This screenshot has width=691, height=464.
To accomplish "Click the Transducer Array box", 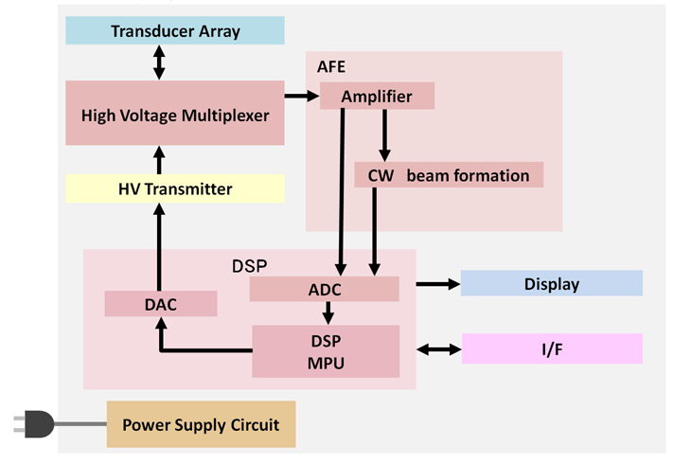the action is tap(175, 30).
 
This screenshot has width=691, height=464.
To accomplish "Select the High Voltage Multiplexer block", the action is tap(175, 113).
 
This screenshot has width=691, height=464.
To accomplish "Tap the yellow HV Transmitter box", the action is tap(175, 188).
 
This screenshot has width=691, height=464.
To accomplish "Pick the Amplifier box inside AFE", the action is tap(378, 96).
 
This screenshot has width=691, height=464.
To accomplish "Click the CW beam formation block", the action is tap(449, 175).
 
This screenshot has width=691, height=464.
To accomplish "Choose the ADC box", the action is tap(325, 290).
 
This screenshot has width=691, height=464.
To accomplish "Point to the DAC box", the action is tap(161, 304).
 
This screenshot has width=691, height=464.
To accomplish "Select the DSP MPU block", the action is tap(326, 351).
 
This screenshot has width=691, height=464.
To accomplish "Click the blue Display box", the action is tap(552, 283).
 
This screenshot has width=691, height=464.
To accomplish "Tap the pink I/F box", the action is tap(552, 348).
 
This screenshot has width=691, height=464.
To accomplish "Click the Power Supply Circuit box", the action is tap(202, 424).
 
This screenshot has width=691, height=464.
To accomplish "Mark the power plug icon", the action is tap(34, 424).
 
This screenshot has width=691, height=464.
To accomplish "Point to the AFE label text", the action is tap(331, 66).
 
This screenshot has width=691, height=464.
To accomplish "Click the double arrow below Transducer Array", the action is tap(159, 62).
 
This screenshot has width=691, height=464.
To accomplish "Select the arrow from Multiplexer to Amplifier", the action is tap(302, 96).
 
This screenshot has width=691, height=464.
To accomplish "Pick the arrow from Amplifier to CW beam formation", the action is tap(384, 135).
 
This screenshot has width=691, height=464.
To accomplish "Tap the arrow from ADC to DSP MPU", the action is tap(328, 313).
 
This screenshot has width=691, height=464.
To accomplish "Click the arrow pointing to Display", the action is tap(438, 284).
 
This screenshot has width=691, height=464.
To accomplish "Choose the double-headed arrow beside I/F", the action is tap(439, 349).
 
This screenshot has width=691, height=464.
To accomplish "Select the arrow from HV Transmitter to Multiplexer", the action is tap(159, 160).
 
